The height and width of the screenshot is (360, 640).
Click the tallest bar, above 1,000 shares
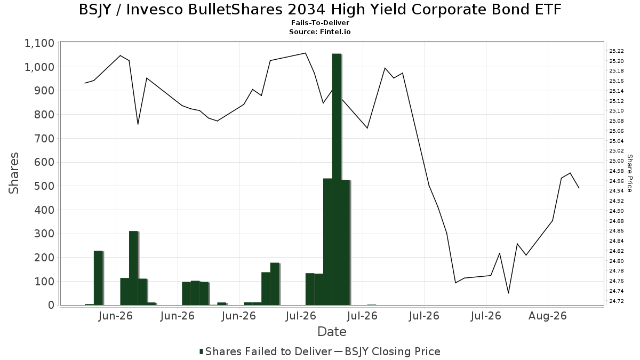coord(337,179)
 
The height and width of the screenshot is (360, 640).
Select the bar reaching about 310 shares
coord(134,268)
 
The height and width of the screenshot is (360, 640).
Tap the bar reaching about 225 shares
coord(98,278)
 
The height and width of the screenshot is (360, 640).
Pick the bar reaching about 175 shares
coord(275,284)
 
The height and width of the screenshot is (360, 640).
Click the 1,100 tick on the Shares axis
coord(39,43)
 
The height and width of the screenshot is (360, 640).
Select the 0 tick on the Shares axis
coord(51,305)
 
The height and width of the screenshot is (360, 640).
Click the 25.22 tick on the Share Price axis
coord(617,51)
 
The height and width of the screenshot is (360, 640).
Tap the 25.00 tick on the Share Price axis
coord(617,161)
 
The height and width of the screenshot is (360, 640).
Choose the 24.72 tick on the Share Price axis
coord(617,301)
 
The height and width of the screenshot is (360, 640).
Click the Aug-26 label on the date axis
coord(547,316)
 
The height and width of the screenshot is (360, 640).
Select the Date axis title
coord(332,332)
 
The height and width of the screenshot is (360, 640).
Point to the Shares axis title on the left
coord(13,173)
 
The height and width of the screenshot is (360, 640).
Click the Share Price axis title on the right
coord(630,173)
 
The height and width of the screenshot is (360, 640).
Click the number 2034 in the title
coord(306,10)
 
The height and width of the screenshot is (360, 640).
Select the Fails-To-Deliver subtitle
coord(320,22)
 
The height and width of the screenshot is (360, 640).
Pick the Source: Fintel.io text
coord(319,31)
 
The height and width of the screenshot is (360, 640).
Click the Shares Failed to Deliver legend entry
coord(266,351)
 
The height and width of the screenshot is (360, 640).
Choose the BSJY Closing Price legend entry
coord(387,351)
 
